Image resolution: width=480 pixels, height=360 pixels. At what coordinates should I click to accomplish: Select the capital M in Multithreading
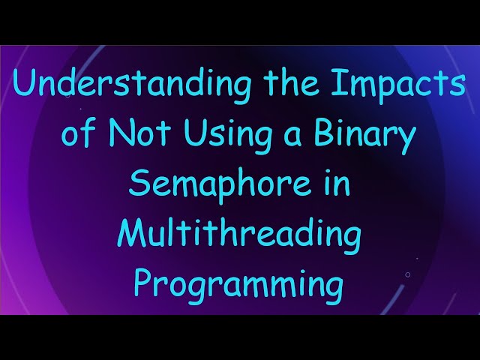coord(132,234)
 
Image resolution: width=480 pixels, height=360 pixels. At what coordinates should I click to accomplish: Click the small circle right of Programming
coord(407,274)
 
